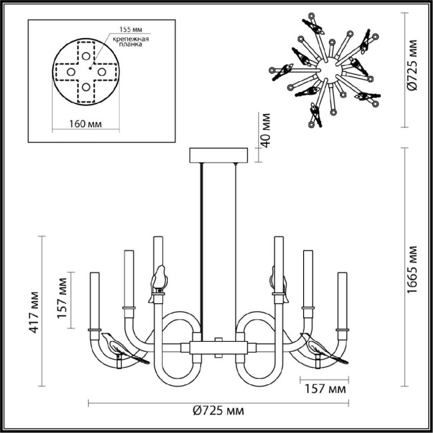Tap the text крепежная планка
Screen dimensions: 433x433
(133, 43)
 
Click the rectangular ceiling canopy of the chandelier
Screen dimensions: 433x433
(218, 155)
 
